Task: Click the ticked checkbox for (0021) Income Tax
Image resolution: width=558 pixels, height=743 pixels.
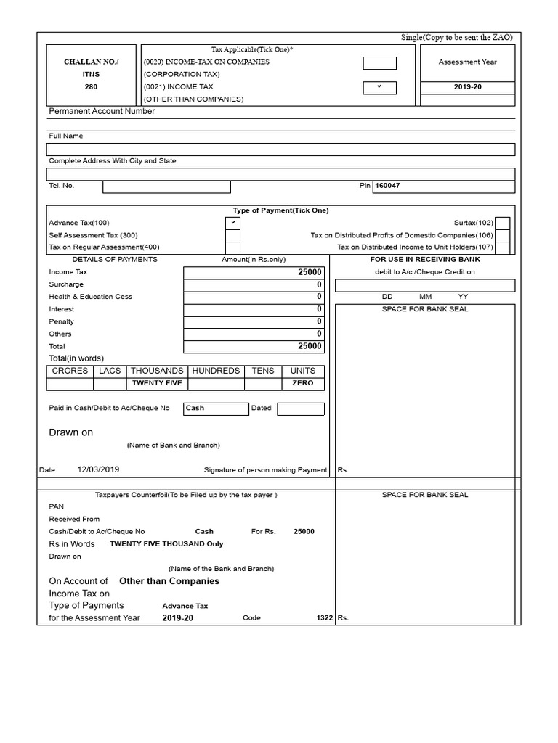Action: click(379, 87)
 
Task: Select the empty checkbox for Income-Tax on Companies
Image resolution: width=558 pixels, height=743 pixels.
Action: click(379, 63)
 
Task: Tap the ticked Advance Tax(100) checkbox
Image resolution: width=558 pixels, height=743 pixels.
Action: click(232, 223)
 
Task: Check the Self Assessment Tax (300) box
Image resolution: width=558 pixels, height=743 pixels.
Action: click(232, 235)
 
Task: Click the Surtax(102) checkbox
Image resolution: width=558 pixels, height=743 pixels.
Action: click(502, 223)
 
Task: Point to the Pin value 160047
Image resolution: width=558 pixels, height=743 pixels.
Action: click(387, 186)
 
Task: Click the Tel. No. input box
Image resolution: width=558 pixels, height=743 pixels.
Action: click(166, 186)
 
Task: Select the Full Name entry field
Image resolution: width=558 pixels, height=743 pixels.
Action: click(280, 149)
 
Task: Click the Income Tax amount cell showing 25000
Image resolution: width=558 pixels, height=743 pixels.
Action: click(254, 272)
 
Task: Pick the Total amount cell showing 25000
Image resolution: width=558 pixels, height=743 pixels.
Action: click(254, 347)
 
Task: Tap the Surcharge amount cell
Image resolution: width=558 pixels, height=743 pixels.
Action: click(254, 284)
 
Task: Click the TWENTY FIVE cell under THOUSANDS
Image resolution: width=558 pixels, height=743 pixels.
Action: click(156, 383)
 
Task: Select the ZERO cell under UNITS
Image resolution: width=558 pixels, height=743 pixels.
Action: click(303, 383)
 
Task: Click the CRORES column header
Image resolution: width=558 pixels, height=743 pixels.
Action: click(70, 371)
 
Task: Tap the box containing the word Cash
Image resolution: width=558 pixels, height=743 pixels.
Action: click(216, 409)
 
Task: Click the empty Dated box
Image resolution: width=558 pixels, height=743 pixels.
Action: click(301, 409)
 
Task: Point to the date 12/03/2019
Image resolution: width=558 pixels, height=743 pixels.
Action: click(98, 469)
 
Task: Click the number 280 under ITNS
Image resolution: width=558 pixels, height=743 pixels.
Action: click(91, 87)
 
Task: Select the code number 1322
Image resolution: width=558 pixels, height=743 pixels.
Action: click(325, 618)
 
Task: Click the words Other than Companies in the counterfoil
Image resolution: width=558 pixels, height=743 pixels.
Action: click(169, 581)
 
